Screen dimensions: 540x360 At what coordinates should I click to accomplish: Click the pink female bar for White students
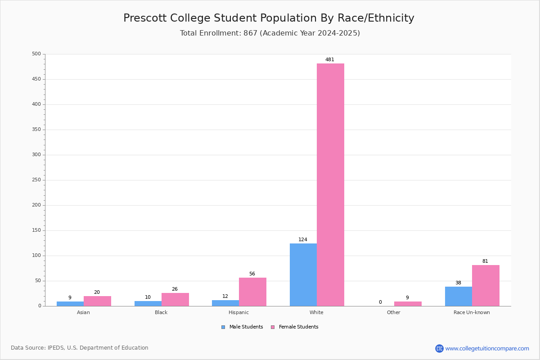click(x=330, y=184)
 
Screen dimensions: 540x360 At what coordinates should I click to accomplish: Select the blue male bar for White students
click(x=303, y=275)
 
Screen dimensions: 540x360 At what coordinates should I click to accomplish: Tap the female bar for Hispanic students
click(x=252, y=292)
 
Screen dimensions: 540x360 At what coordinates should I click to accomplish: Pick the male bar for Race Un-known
click(x=459, y=297)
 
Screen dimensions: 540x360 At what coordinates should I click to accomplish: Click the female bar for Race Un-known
click(x=486, y=286)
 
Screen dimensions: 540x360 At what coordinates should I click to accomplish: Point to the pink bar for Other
click(x=408, y=304)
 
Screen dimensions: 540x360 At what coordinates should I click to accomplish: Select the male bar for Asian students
click(x=70, y=304)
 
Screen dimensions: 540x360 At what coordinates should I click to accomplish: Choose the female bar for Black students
click(x=175, y=300)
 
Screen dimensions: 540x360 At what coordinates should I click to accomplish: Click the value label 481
click(x=330, y=59)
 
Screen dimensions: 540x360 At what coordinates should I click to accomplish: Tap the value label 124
click(x=303, y=240)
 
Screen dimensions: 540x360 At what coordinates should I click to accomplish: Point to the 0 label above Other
click(x=380, y=302)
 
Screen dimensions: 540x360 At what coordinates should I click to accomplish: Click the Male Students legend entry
click(x=242, y=327)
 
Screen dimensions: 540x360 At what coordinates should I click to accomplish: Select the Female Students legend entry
click(x=295, y=327)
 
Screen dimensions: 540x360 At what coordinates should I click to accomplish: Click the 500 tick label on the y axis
click(x=36, y=54)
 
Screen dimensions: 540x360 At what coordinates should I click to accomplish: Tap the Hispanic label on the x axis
click(x=238, y=312)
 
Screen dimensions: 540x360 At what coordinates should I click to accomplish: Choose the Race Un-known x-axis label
click(x=472, y=312)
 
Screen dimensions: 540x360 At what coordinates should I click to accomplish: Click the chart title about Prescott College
click(x=269, y=18)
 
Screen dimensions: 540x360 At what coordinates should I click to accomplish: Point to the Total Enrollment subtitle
click(x=270, y=33)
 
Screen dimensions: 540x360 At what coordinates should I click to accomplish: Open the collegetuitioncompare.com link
click(x=487, y=348)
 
